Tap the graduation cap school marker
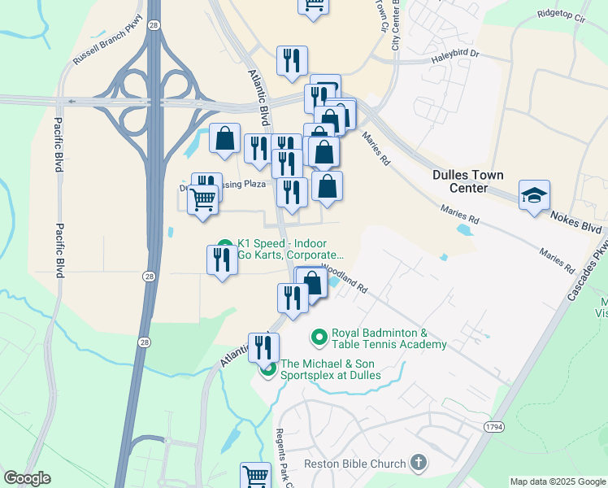[x=536, y=196]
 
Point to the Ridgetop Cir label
[x=562, y=15]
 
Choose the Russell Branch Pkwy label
[x=107, y=39]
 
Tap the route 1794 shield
[x=493, y=425]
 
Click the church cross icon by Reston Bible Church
[x=419, y=464]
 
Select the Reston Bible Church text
[x=354, y=464]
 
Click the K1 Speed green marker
[x=225, y=245]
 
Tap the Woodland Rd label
[x=345, y=277]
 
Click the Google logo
[x=27, y=478]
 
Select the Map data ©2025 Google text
[x=557, y=481]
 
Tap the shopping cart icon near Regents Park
[x=255, y=475]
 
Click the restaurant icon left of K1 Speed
[x=221, y=260]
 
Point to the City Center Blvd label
[x=397, y=24]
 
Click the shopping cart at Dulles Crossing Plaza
[x=203, y=198]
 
